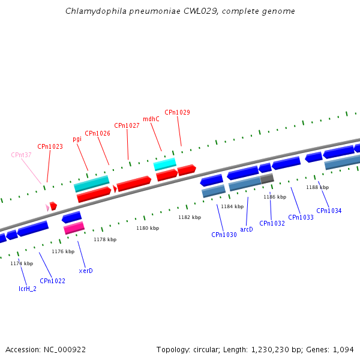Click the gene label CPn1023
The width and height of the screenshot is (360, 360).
(x=50, y=146)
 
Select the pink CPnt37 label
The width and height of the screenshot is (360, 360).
(x=21, y=155)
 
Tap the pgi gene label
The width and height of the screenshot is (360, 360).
(x=77, y=139)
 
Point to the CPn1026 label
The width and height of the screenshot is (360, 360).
(x=97, y=133)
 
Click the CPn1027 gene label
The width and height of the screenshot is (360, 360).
(x=127, y=125)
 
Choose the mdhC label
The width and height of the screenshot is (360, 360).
(x=151, y=119)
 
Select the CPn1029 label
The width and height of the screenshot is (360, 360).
(x=177, y=112)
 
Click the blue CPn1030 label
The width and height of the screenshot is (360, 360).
(x=224, y=235)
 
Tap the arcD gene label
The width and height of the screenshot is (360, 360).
(x=247, y=229)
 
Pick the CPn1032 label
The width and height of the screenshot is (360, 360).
(x=272, y=223)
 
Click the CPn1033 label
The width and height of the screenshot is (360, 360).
(x=301, y=217)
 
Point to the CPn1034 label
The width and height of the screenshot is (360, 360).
(x=329, y=211)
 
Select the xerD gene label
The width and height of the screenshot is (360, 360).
(x=86, y=271)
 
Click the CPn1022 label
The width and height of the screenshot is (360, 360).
(x=52, y=281)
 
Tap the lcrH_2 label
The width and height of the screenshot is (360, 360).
(x=27, y=289)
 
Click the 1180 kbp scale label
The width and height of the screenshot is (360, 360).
(x=148, y=228)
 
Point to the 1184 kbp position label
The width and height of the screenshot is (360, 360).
(x=232, y=206)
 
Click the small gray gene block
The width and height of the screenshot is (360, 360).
(x=267, y=178)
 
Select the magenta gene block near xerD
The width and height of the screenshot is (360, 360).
(x=74, y=228)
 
